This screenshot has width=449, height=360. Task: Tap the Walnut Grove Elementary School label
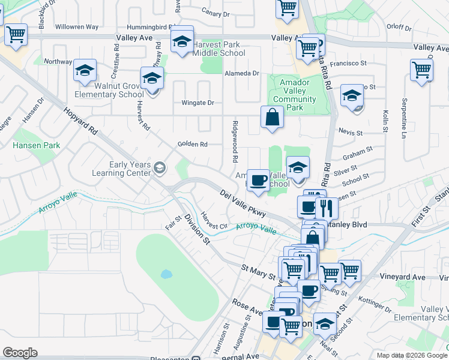[110, 90]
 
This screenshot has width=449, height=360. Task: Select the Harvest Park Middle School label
[219, 49]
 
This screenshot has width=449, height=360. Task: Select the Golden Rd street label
[192, 144]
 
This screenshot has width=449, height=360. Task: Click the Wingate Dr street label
[198, 103]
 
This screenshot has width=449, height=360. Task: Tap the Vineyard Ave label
[403, 277]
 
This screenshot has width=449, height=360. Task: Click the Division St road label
[197, 230]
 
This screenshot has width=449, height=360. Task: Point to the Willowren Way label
[77, 27]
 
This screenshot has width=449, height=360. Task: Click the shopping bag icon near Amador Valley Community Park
[273, 117]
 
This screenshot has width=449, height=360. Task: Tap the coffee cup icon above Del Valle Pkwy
[258, 180]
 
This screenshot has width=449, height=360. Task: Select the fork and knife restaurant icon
[327, 208]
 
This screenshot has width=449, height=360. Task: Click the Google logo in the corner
[20, 353]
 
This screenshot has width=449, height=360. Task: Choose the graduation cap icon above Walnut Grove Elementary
[85, 70]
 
